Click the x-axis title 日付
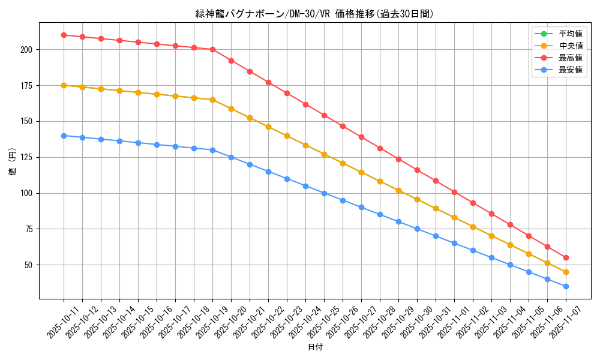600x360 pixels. coord(314,347)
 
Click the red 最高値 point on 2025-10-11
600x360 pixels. coord(64,35)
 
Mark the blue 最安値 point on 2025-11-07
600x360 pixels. coord(566,286)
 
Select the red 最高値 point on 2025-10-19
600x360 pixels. coord(212,49)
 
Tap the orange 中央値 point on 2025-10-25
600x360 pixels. coord(324,154)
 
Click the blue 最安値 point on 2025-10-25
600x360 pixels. coord(324,193)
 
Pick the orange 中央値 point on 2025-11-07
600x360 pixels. coord(566,272)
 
